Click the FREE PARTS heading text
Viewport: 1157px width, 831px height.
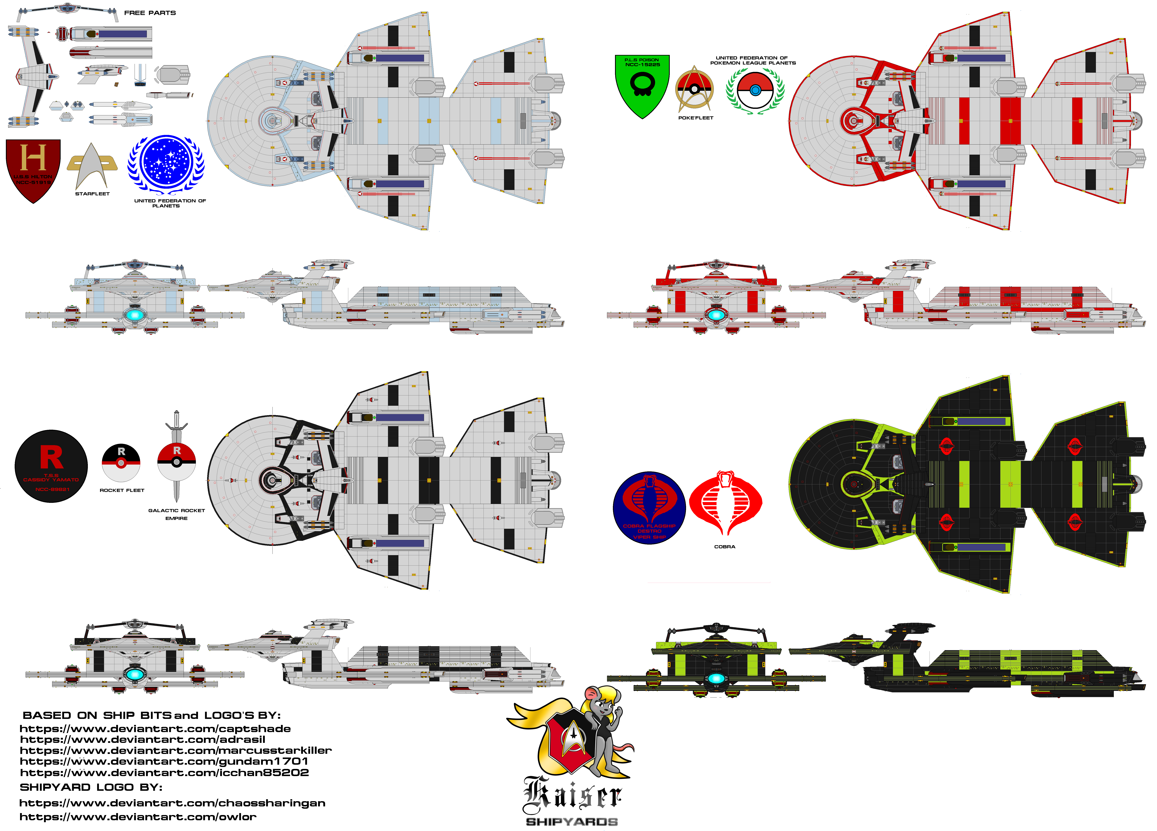pos(150,13)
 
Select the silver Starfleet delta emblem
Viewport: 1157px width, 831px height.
pos(92,166)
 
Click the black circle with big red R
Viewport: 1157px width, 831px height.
pos(51,466)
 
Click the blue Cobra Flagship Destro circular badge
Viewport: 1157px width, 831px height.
pos(649,508)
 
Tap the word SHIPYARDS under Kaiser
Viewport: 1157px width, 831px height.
pos(572,822)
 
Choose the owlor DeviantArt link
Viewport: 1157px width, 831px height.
pos(138,817)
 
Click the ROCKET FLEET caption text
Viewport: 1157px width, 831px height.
pos(122,490)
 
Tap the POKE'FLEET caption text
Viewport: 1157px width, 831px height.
pos(695,118)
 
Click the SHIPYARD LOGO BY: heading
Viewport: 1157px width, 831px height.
pos(91,787)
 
